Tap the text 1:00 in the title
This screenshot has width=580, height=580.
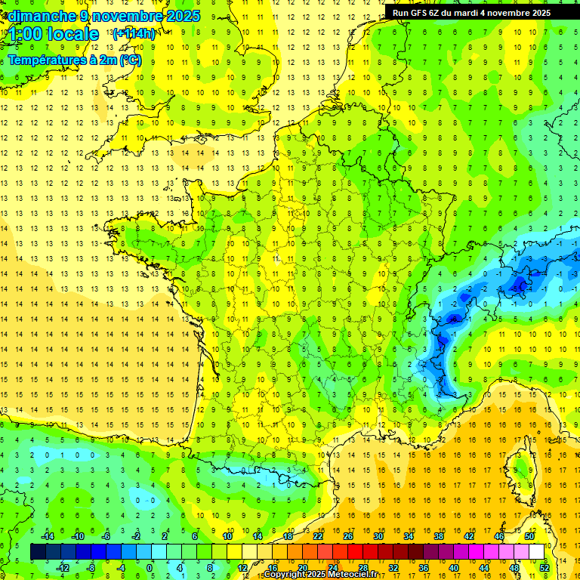pyautogui.click(x=27, y=34)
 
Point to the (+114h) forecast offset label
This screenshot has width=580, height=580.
pyautogui.click(x=134, y=33)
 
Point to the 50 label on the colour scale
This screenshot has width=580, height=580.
pyautogui.click(x=529, y=536)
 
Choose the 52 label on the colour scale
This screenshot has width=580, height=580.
pyautogui.click(x=545, y=568)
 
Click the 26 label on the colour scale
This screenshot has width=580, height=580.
pyautogui.click(x=348, y=536)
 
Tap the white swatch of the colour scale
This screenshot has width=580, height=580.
pyautogui.click(x=537, y=552)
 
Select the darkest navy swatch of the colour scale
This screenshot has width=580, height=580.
pyautogui.click(x=38, y=552)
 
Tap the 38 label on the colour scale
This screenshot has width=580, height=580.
pyautogui.click(x=439, y=536)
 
